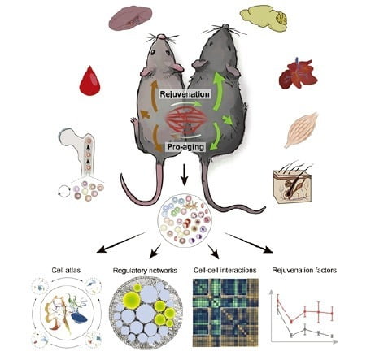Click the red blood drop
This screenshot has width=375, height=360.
tap(89, 82)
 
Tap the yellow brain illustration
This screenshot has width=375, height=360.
tap(264, 19)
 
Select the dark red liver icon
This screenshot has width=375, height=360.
tap(298, 74)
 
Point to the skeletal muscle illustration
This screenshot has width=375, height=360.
tap(302, 129)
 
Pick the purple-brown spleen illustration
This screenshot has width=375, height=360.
tap(130, 18)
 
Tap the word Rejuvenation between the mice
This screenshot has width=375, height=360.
tap(185, 94)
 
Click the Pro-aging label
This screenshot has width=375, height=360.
tap(185, 147)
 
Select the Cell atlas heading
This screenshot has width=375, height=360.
tap(66, 270)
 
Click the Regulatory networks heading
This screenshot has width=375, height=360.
tap(145, 271)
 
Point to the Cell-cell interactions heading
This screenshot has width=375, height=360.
tap(225, 270)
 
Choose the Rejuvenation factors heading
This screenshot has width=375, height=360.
tap(304, 270)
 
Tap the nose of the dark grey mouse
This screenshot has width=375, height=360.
tap(225, 26)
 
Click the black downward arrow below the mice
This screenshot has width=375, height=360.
tap(185, 175)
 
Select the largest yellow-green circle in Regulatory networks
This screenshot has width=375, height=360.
tap(131, 301)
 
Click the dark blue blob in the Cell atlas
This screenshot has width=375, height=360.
tap(79, 319)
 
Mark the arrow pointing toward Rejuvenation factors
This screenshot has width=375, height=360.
tap(249, 243)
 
